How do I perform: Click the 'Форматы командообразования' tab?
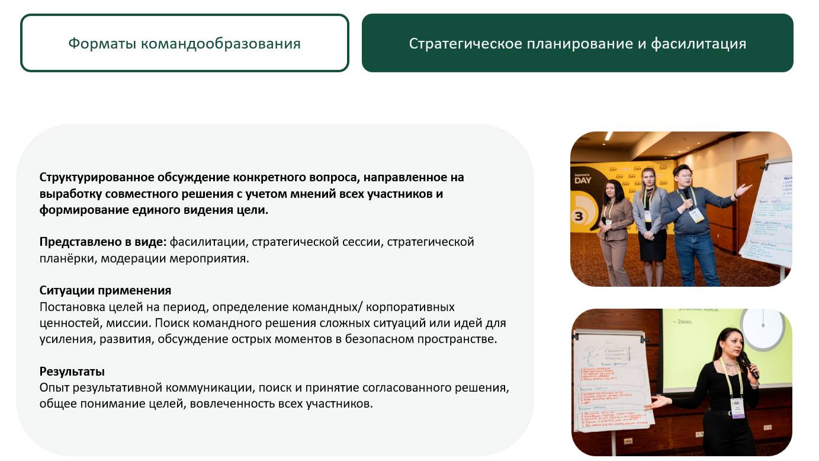[184, 43]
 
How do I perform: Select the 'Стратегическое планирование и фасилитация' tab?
[577, 43]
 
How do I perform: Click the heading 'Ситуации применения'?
[105, 290]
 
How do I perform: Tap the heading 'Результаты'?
[72, 372]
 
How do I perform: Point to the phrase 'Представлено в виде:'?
[103, 242]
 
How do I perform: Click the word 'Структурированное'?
[97, 177]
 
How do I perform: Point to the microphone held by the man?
[687, 196]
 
